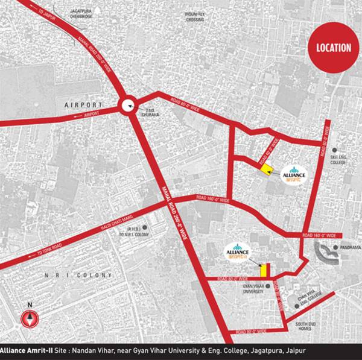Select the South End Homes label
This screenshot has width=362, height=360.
click(303, 326)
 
